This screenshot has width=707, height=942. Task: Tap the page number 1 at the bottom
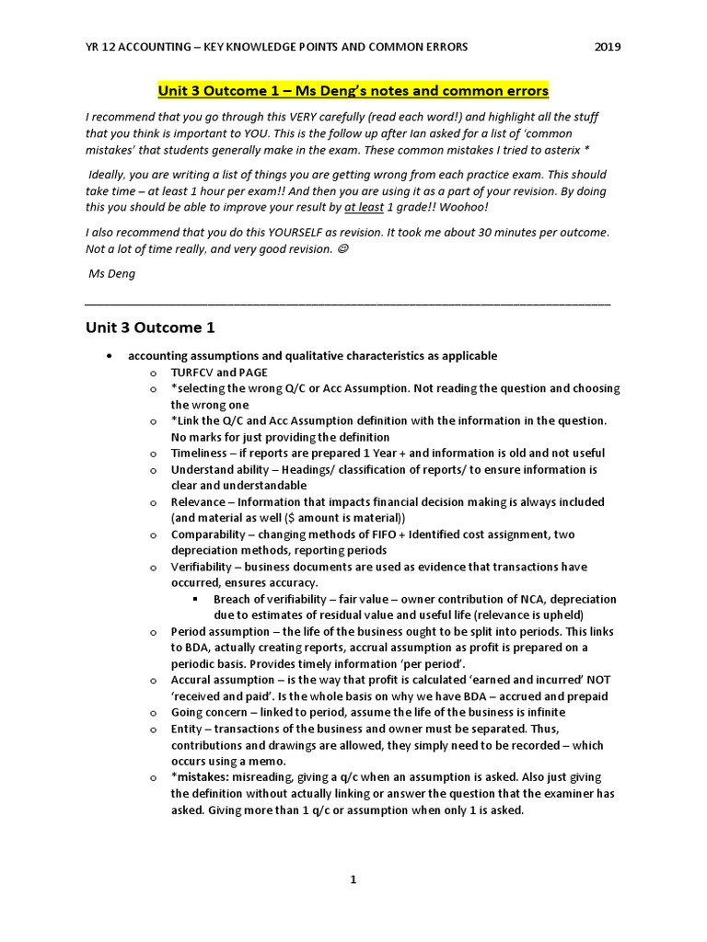pyautogui.click(x=353, y=879)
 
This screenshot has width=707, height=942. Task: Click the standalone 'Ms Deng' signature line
pyautogui.click(x=110, y=273)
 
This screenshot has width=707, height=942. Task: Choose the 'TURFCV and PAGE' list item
pyautogui.click(x=219, y=372)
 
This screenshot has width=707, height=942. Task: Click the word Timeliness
pyautogui.click(x=200, y=453)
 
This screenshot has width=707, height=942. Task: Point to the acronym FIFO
pyautogui.click(x=375, y=534)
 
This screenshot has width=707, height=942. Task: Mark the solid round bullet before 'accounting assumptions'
pyautogui.click(x=110, y=356)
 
